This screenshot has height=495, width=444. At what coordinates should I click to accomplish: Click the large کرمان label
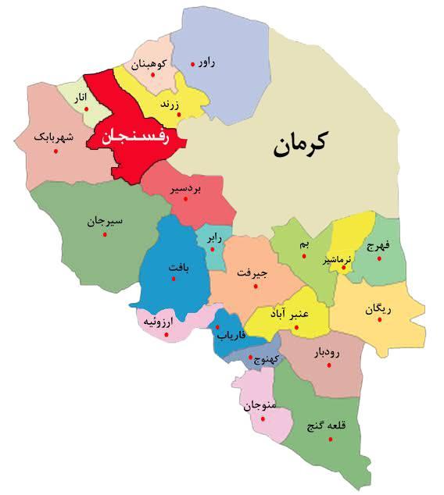[x=301, y=145]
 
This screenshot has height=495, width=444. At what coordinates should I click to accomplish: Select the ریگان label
[x=377, y=309]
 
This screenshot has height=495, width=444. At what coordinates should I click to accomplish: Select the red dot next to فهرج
[x=381, y=259]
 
